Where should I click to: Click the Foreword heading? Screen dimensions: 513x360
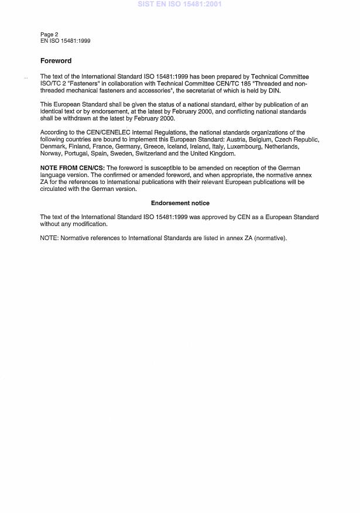(56, 61)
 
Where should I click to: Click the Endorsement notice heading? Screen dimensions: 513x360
(180, 203)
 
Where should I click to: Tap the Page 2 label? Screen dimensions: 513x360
(49, 35)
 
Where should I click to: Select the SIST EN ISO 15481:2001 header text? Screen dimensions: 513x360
(180, 4)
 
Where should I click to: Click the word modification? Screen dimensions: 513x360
(91, 224)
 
